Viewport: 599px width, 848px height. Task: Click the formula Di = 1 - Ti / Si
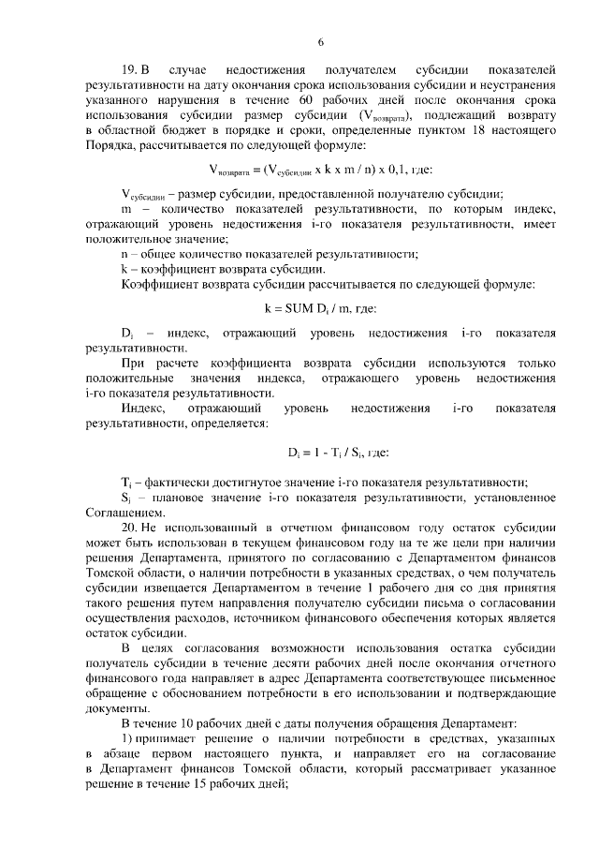coord(299,454)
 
